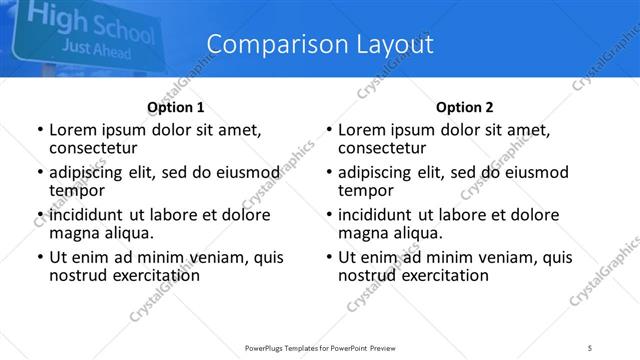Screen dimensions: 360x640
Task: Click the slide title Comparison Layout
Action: point(319,44)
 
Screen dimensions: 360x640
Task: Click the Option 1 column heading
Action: point(176,107)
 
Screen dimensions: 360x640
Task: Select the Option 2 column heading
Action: point(464,107)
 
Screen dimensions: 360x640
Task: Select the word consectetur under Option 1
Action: point(93,148)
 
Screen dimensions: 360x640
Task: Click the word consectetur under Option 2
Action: point(382,148)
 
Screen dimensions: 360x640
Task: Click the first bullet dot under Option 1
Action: point(39,131)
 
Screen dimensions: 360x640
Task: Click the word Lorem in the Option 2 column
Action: point(361,130)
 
